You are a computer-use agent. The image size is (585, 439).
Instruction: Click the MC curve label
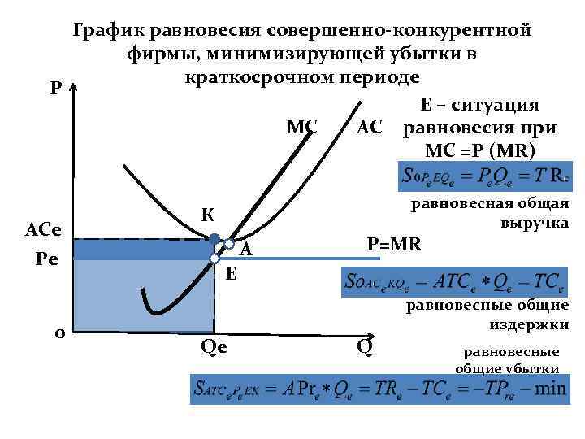[x=302, y=127]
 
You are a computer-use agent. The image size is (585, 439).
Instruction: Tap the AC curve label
[x=370, y=127]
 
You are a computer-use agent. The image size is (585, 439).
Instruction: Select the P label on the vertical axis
[x=54, y=87]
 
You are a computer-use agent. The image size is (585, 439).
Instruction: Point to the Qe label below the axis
[x=213, y=347]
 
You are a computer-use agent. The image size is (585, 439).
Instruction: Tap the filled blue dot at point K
[x=214, y=238]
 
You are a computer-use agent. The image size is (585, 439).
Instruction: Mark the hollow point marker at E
[x=214, y=259]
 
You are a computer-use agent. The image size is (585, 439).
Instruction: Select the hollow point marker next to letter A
[x=230, y=244]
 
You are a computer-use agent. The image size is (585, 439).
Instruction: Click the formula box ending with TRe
[x=483, y=176]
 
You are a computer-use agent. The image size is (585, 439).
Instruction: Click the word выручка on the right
[x=535, y=222]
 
